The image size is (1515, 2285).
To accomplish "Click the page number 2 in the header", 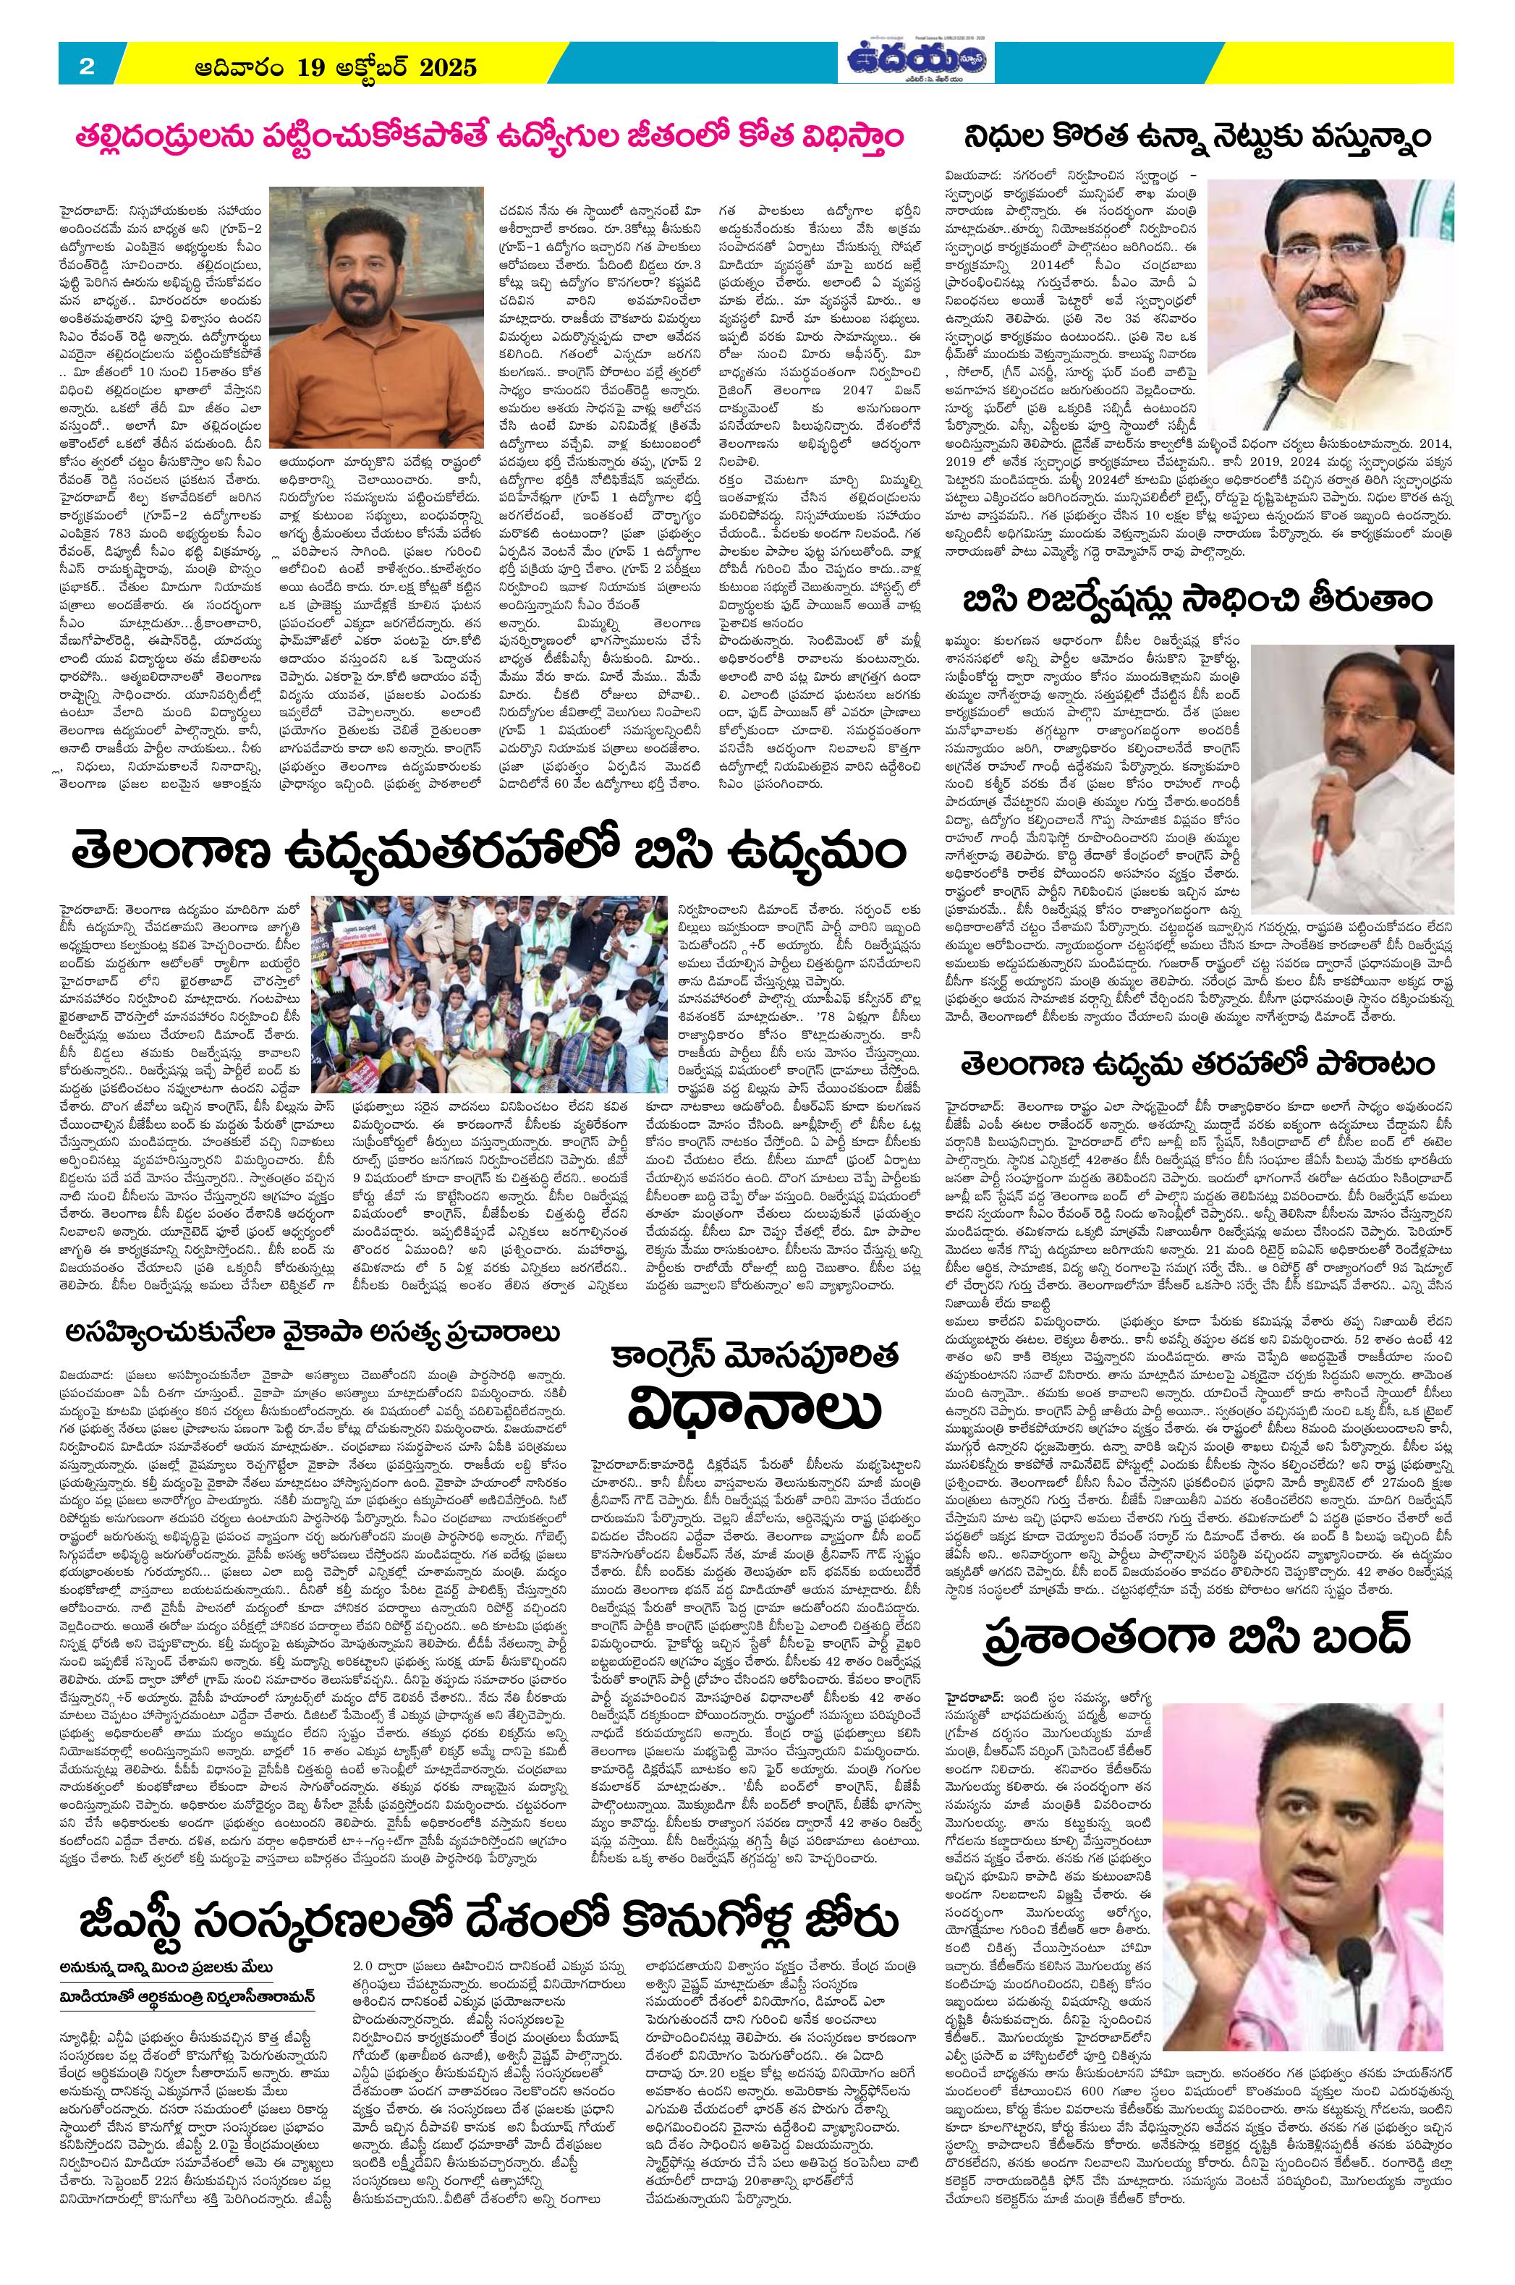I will [86, 67].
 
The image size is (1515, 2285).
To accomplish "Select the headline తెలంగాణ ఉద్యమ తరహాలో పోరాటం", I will [1199, 1064].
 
